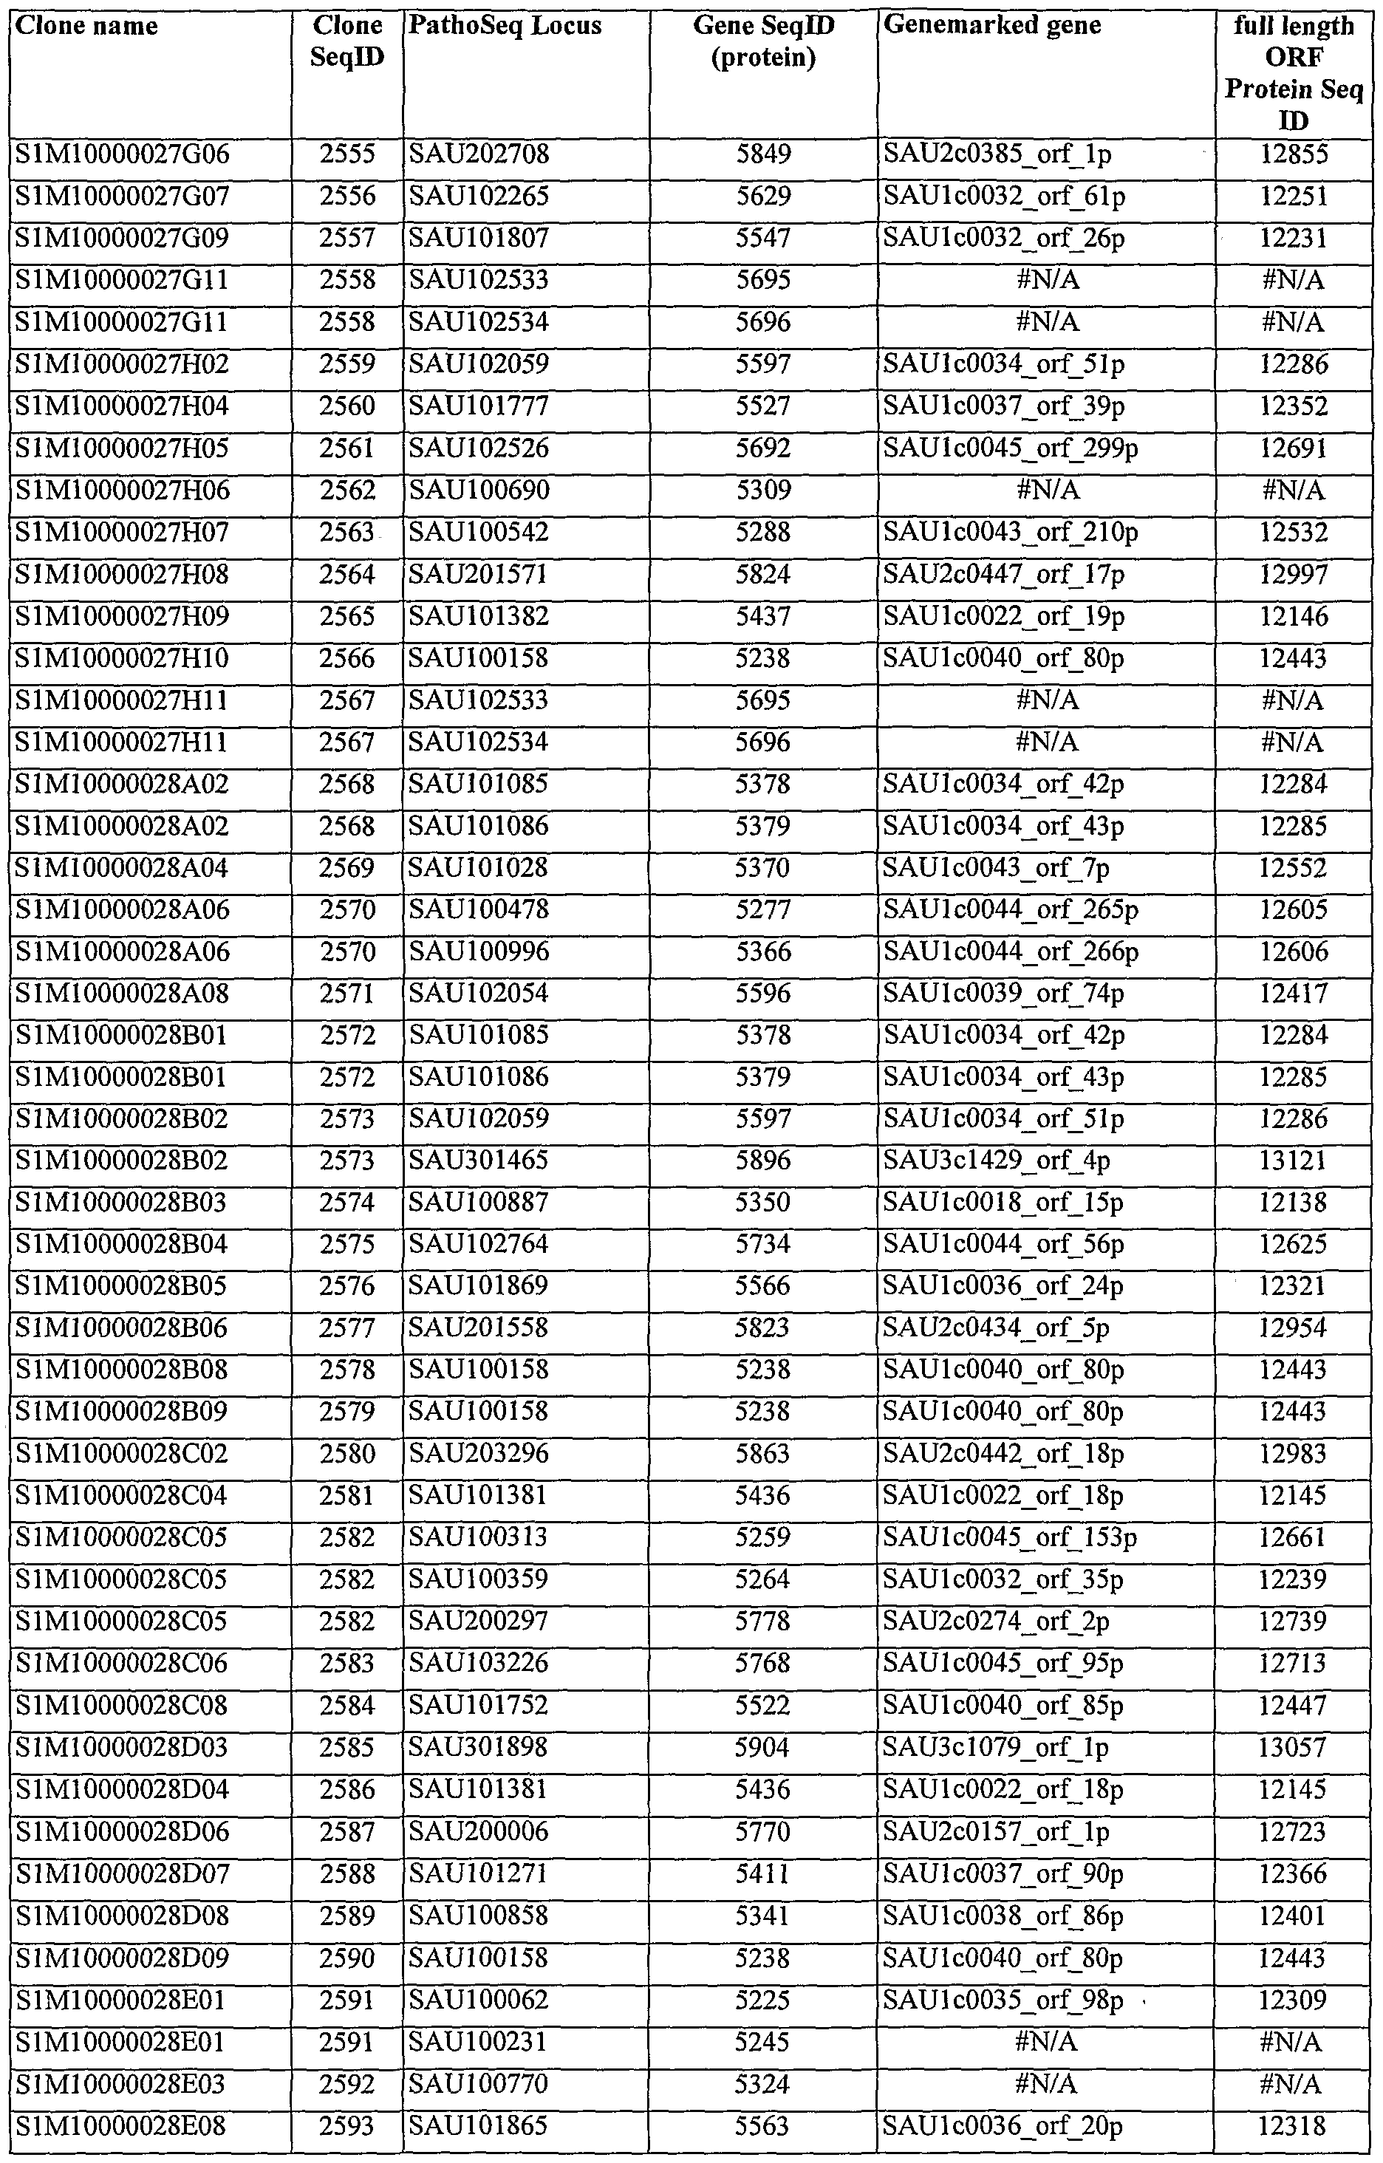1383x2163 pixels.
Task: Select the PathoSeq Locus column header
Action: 505,26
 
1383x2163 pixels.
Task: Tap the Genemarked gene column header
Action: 992,26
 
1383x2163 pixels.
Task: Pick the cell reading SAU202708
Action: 479,155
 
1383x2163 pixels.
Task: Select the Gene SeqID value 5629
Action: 763,197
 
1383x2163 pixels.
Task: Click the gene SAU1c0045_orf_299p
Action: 1011,448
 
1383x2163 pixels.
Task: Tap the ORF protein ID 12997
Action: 1293,574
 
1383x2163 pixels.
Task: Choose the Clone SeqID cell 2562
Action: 347,491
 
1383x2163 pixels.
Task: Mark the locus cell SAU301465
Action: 479,1161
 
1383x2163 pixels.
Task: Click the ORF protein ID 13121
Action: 1293,1161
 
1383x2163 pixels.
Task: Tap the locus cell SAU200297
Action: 479,1622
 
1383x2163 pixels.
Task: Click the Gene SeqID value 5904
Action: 763,1747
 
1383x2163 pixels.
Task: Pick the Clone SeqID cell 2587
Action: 347,1831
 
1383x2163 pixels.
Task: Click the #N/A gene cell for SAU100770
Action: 1046,2082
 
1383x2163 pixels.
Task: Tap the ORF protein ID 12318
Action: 1293,2125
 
